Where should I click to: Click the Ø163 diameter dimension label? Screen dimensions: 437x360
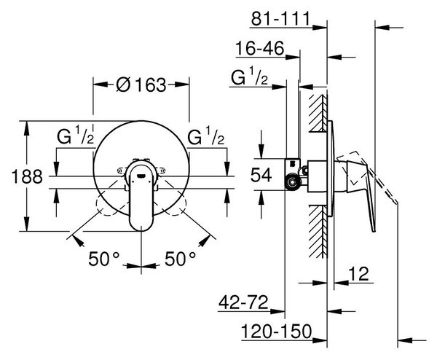141,85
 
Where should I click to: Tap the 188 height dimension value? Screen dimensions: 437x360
27,176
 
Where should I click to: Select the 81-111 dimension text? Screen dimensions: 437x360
280,19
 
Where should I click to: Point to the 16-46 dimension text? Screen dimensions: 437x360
260,48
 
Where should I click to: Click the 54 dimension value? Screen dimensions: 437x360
261,175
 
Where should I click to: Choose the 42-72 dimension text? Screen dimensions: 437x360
243,302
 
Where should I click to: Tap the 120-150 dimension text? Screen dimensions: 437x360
276,332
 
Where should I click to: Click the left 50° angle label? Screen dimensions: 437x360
103,259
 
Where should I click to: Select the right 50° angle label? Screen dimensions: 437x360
180,259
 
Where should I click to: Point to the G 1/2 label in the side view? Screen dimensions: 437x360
249,77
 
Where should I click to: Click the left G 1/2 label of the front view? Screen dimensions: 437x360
75,136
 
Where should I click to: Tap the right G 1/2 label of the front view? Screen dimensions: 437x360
205,136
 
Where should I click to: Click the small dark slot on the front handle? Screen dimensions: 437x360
141,176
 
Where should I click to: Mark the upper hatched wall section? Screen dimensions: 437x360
318,113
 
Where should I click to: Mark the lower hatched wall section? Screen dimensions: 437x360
318,232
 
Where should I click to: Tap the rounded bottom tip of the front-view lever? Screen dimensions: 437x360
141,230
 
